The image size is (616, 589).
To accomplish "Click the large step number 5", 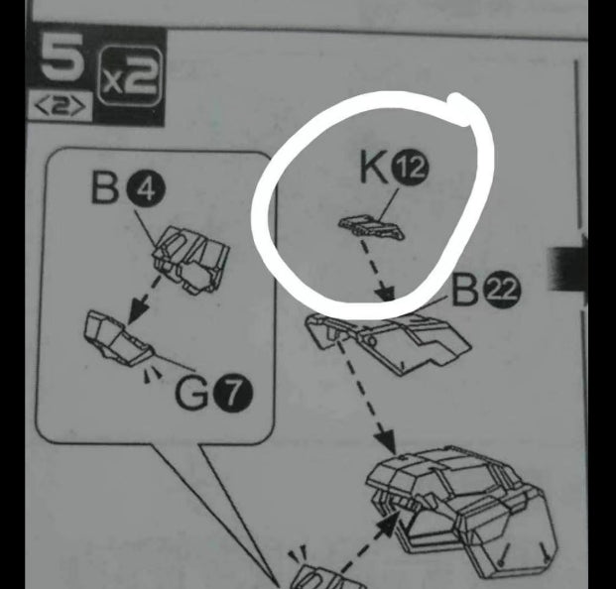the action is coord(62,57).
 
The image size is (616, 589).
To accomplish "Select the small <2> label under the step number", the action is coord(61,106).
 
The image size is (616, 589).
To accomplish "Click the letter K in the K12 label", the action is coord(374,168).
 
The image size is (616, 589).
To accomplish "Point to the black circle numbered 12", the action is coord(410,169).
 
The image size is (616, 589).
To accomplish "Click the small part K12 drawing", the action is coord(371,227).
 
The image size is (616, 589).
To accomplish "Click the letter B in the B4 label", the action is coord(105,188).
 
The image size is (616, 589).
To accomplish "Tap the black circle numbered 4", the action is coord(146,190).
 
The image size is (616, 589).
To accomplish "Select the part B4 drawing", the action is coord(190,260).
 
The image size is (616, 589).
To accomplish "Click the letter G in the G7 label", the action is coord(192,394).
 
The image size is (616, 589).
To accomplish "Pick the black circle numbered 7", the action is coord(233,393).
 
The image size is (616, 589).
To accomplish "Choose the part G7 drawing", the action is coord(119,338).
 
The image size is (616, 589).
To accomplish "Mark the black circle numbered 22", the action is coord(504,291).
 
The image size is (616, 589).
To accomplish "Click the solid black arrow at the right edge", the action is coord(568,269).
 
